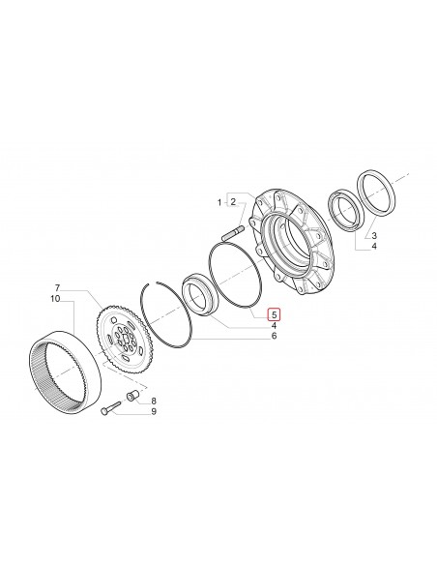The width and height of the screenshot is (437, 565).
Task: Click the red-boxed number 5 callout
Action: coord(274,314)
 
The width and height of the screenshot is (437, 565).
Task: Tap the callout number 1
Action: coord(219,202)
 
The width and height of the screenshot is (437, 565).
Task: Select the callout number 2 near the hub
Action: coord(233,202)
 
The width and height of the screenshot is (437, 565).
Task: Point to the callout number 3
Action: coord(374,235)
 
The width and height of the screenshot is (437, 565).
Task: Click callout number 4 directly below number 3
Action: coord(374,247)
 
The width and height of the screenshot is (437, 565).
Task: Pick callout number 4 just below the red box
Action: coord(274,326)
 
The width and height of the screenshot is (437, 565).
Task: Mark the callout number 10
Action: coord(57,299)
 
